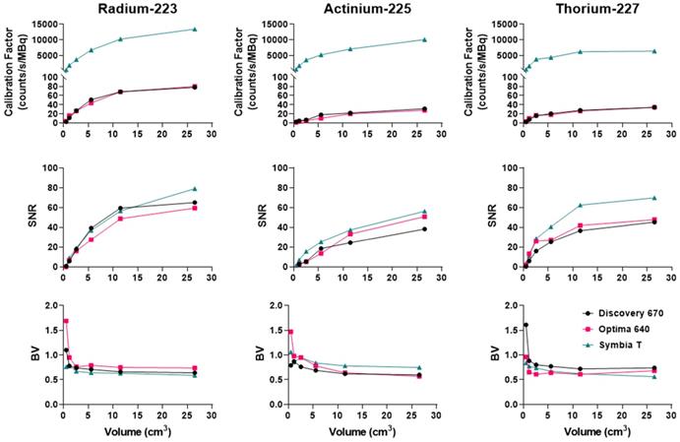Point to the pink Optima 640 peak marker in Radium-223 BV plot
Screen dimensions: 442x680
click(66, 321)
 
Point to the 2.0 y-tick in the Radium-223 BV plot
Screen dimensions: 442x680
click(49, 305)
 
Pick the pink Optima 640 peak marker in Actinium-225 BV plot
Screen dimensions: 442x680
click(291, 332)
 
